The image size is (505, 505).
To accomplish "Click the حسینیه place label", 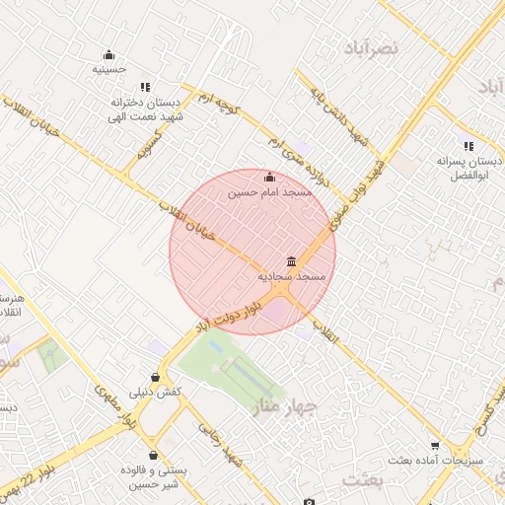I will (x=108, y=69).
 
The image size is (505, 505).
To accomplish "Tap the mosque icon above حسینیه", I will (x=108, y=54).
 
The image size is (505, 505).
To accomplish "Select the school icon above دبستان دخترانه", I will (x=146, y=88).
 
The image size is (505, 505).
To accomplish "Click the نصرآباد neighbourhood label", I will (x=371, y=46).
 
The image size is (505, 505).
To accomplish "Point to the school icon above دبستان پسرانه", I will (x=468, y=145).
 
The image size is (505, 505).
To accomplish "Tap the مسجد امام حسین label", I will (x=270, y=192).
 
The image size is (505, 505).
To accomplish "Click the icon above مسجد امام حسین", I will (x=270, y=177).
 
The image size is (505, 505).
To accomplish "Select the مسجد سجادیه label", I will (x=292, y=278).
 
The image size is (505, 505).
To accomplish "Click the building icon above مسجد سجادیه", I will (x=292, y=261).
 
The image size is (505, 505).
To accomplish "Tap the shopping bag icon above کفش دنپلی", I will (x=155, y=377).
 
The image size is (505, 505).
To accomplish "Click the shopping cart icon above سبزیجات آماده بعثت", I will (x=434, y=446).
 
